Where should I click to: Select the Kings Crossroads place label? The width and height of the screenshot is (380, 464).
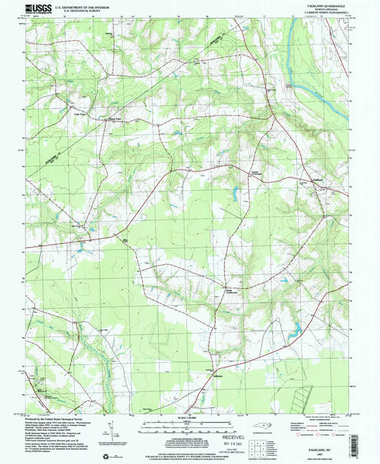tap(224, 291)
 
